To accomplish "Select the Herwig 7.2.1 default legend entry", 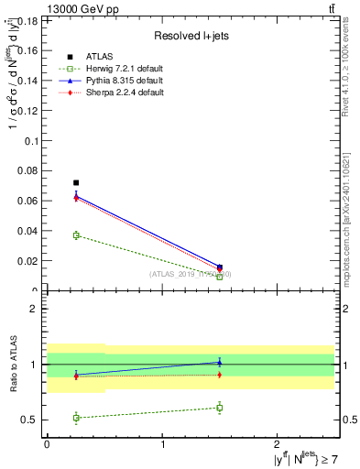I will tap(114, 69).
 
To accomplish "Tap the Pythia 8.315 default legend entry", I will tap(113, 81).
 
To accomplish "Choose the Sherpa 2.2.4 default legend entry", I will tap(113, 93).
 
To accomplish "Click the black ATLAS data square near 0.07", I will tap(76, 183).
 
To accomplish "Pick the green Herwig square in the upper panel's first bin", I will tap(76, 235).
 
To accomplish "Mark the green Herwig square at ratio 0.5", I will tap(76, 418).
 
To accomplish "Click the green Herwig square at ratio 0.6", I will tap(220, 408).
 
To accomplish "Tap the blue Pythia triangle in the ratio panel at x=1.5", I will tap(220, 363).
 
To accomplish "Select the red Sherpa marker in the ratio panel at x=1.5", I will tap(220, 375).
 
